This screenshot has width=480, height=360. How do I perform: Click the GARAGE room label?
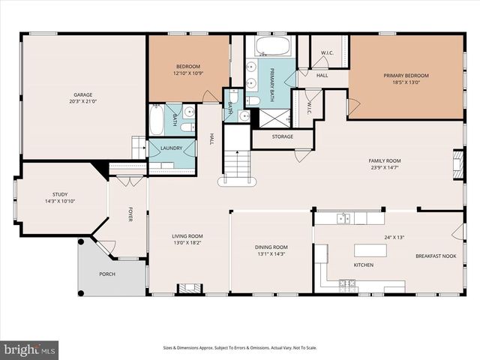[82, 94]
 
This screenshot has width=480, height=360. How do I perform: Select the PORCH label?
[107, 274]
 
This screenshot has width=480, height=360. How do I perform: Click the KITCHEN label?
[364, 265]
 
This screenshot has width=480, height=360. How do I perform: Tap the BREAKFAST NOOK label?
[436, 256]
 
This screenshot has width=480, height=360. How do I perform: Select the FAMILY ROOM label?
[383, 160]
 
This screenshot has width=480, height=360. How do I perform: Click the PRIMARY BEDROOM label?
[406, 76]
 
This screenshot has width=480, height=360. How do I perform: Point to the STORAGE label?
[282, 136]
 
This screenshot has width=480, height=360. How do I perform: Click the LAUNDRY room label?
[171, 148]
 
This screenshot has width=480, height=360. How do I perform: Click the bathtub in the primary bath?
[271, 48]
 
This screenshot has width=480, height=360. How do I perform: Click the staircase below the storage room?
[238, 165]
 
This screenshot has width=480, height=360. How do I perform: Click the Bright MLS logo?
[30, 349]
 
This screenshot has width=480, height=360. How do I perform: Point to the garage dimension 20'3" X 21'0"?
[82, 101]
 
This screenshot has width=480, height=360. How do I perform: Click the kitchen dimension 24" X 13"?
[394, 237]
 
